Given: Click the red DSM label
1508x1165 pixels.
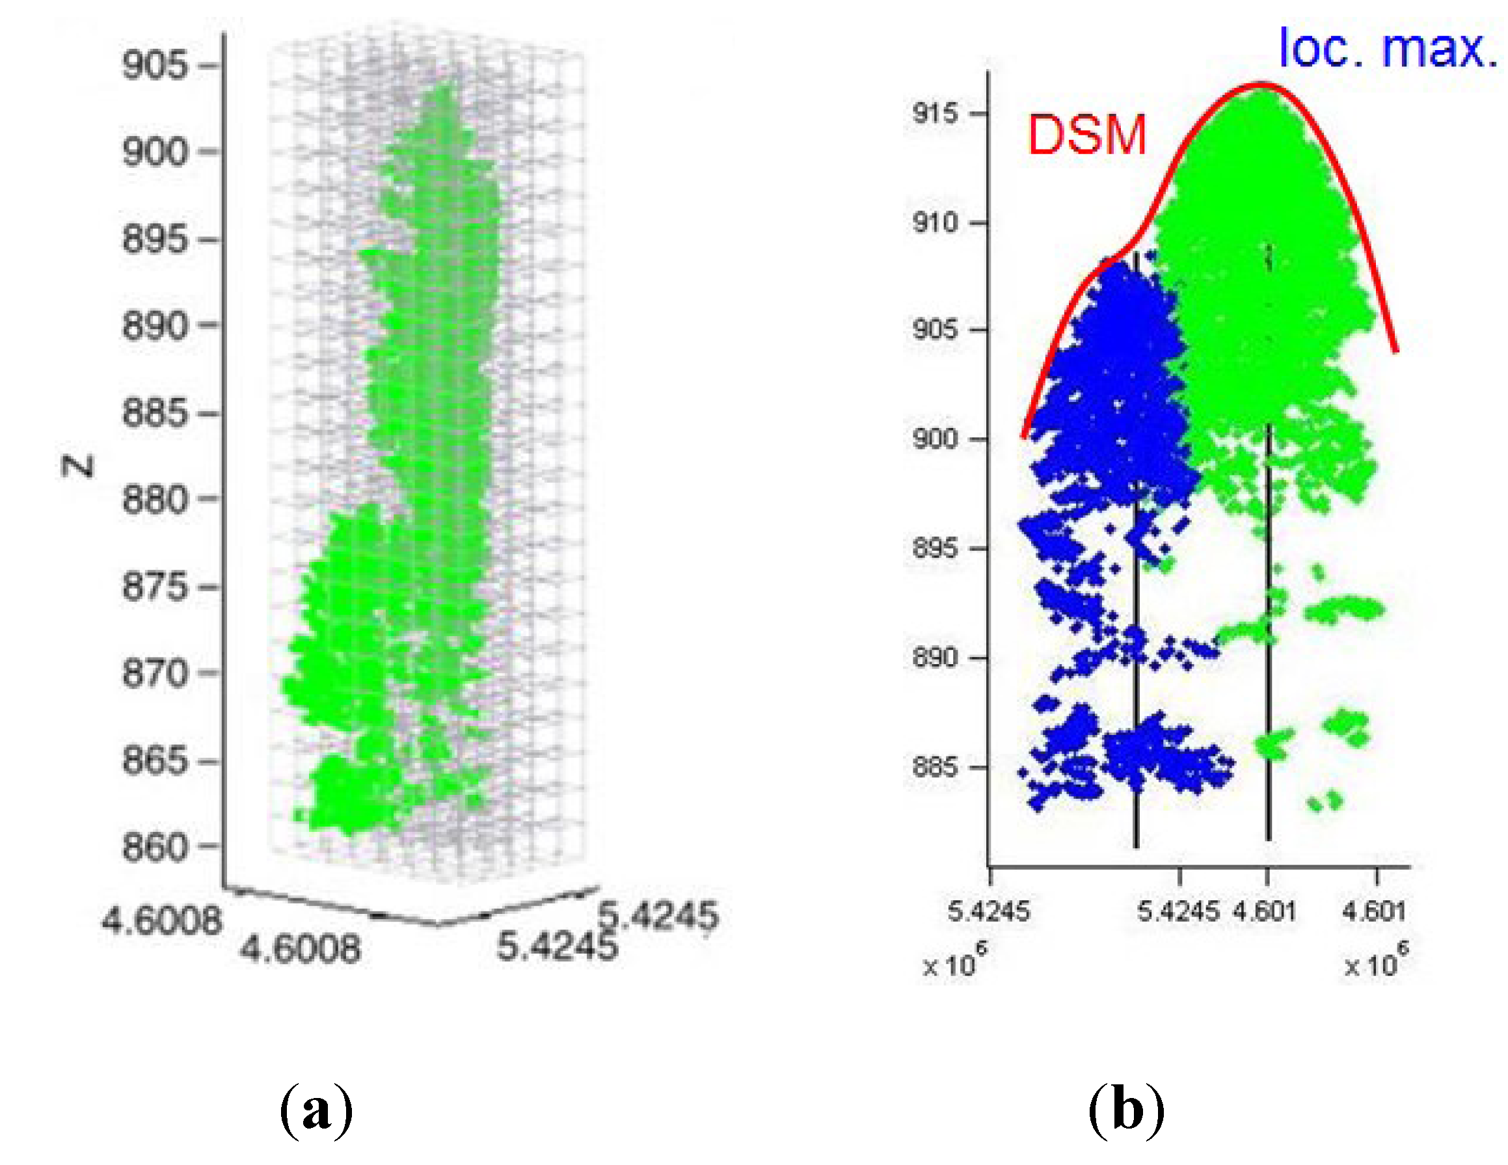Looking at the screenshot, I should (1086, 135).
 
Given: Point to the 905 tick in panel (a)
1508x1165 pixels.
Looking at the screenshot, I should (155, 66).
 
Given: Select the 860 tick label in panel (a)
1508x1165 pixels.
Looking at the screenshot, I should (155, 847).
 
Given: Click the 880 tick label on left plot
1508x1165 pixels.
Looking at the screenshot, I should (155, 500).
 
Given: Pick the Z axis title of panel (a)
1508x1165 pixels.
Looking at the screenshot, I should (78, 467).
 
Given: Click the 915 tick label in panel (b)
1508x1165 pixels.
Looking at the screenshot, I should (936, 113).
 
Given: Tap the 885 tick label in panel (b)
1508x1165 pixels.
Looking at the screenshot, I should (936, 766).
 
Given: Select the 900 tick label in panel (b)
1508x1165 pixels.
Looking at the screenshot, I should (936, 438).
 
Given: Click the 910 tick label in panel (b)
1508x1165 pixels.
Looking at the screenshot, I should (936, 222).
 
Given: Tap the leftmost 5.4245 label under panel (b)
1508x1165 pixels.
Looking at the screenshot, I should (988, 912).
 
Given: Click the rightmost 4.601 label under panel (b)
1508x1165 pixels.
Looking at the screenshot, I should (1374, 912).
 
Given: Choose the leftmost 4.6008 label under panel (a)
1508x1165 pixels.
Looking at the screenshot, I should (161, 921).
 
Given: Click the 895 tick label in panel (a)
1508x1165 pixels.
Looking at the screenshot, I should (155, 239).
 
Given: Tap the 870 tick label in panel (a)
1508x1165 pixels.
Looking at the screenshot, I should (155, 673).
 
